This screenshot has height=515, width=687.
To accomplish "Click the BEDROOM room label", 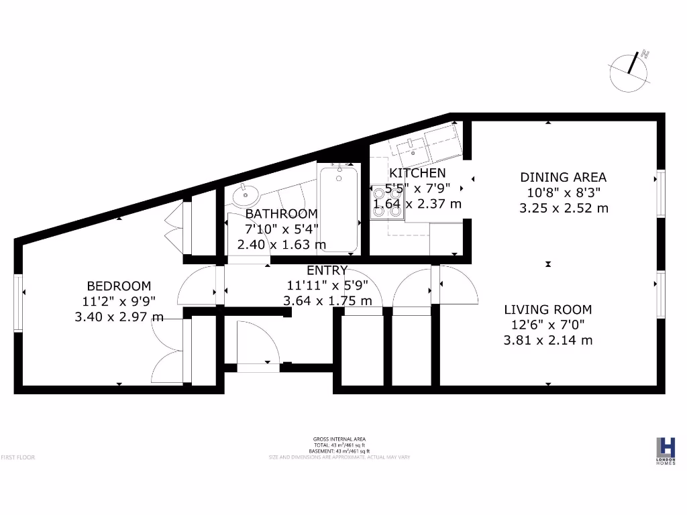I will [x=118, y=286].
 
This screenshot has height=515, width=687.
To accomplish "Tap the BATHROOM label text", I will [x=281, y=214].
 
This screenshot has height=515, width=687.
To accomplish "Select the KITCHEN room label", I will [x=417, y=173].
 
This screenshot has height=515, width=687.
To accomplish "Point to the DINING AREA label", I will [x=564, y=178].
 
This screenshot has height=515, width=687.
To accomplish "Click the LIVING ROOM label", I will [x=548, y=310].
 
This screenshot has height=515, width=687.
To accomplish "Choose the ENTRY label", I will [x=327, y=271].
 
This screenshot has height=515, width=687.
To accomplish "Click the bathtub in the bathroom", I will [x=339, y=209].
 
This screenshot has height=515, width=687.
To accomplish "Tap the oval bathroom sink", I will [x=246, y=196].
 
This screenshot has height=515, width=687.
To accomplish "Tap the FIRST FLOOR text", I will [x=17, y=457].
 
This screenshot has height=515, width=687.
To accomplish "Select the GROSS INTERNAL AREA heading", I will [x=340, y=439].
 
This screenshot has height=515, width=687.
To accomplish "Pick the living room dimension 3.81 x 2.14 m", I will [x=548, y=340].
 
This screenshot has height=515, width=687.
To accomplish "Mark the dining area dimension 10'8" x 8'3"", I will [x=564, y=192].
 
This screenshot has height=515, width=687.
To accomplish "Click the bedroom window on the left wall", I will [x=19, y=293].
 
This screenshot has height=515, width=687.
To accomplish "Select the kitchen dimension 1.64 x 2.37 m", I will [x=417, y=204].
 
